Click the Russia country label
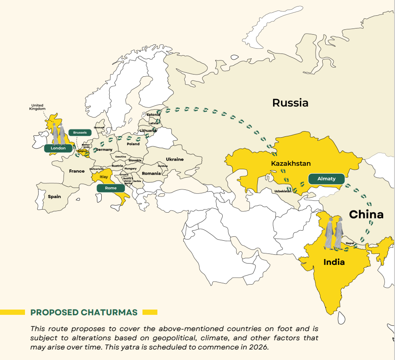290,103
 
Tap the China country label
366,214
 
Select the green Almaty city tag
326,178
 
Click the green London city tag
58,148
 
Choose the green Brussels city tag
80,132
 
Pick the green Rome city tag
110,188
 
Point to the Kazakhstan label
291,164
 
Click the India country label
334,262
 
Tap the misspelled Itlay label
104,177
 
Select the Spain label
54,196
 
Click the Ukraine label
174,159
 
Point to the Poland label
133,144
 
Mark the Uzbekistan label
283,191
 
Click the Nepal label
349,243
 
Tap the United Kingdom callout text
37,107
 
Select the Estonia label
153,115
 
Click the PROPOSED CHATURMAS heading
84,312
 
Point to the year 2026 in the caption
260,346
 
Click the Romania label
151,174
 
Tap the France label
77,171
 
